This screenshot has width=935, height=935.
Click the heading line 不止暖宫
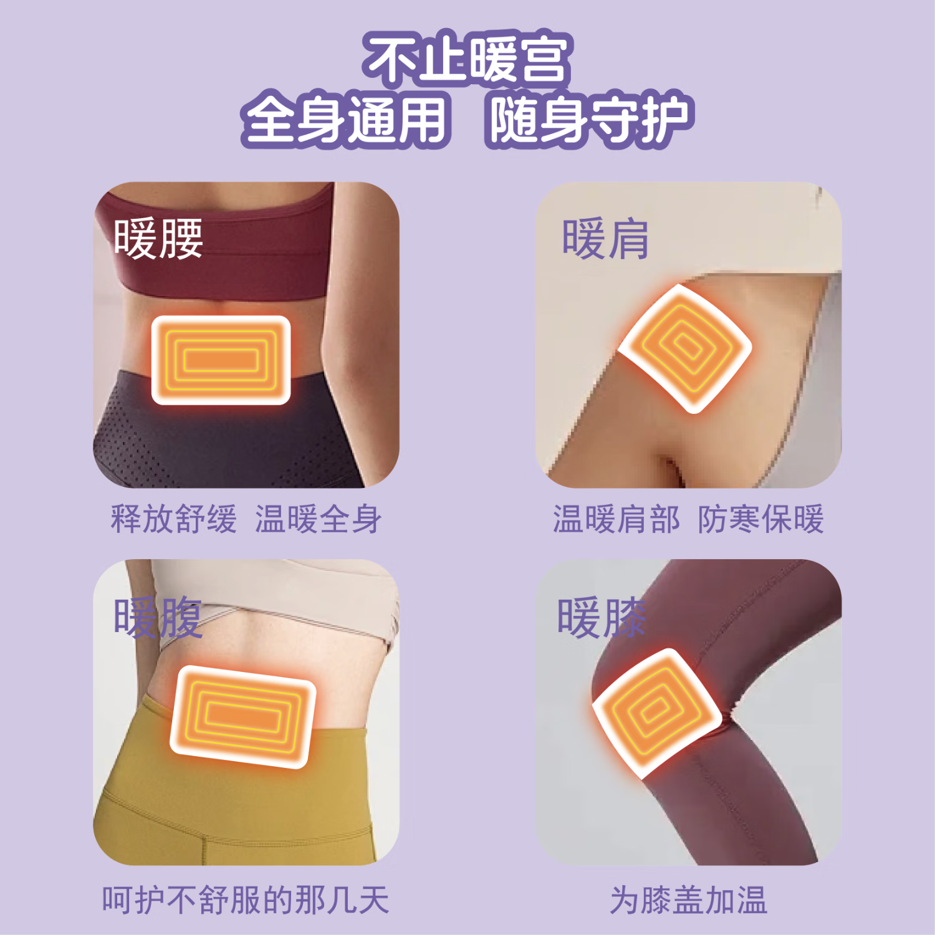[467, 59]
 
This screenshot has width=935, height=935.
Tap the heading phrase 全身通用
[346, 118]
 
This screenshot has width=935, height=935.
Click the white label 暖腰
[158, 239]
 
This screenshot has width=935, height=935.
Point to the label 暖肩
[605, 239]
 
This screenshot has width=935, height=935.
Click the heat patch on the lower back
[221, 360]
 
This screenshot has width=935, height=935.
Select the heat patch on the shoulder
[685, 347]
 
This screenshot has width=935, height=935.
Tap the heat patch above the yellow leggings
[243, 716]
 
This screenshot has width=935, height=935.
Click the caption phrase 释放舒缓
[174, 519]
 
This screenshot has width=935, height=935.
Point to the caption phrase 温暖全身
[318, 519]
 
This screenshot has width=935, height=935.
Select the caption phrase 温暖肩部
[616, 519]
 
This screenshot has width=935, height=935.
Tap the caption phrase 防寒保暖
[760, 519]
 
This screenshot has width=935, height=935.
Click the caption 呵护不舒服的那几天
[246, 900]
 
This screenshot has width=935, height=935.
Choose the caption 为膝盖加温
[688, 900]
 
